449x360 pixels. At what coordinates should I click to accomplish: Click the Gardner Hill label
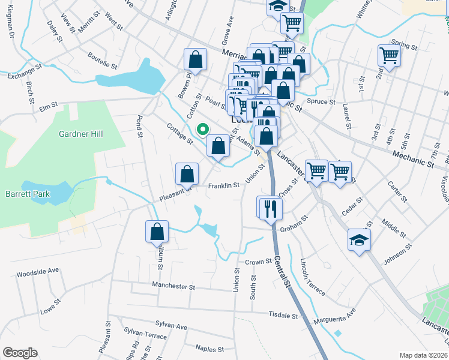(82, 133)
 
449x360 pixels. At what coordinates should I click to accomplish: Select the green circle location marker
(203, 128)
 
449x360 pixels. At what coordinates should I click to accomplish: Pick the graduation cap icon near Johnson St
(360, 241)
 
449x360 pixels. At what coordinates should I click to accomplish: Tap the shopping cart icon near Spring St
(389, 55)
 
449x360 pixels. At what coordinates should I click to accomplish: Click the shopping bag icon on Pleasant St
(187, 174)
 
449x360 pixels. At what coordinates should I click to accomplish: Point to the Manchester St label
(173, 286)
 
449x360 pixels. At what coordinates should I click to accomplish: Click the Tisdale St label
(284, 314)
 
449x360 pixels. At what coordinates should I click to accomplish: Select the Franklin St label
(224, 185)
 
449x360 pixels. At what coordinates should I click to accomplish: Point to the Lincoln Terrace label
(312, 277)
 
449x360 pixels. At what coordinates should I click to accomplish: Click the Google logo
(20, 353)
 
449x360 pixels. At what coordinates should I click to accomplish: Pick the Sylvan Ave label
(171, 326)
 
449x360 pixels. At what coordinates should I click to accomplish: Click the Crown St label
(259, 262)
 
